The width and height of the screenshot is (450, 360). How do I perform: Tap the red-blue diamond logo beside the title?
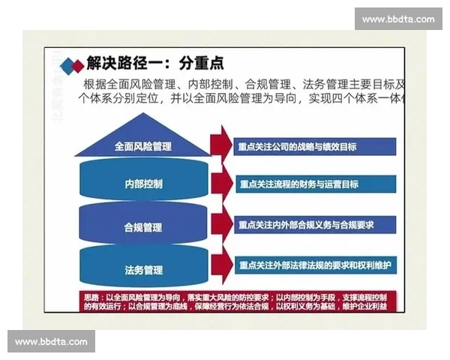pos(72,65)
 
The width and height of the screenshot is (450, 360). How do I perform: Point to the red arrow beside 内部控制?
pos(221,184)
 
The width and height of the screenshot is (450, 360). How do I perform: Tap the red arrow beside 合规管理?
pos(221,224)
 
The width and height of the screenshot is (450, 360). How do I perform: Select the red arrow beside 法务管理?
pos(221,265)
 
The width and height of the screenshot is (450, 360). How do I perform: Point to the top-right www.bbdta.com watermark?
pos(398,19)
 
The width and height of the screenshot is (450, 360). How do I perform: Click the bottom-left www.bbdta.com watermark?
pos(51,342)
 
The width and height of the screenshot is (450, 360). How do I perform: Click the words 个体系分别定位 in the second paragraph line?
pos(120,99)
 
